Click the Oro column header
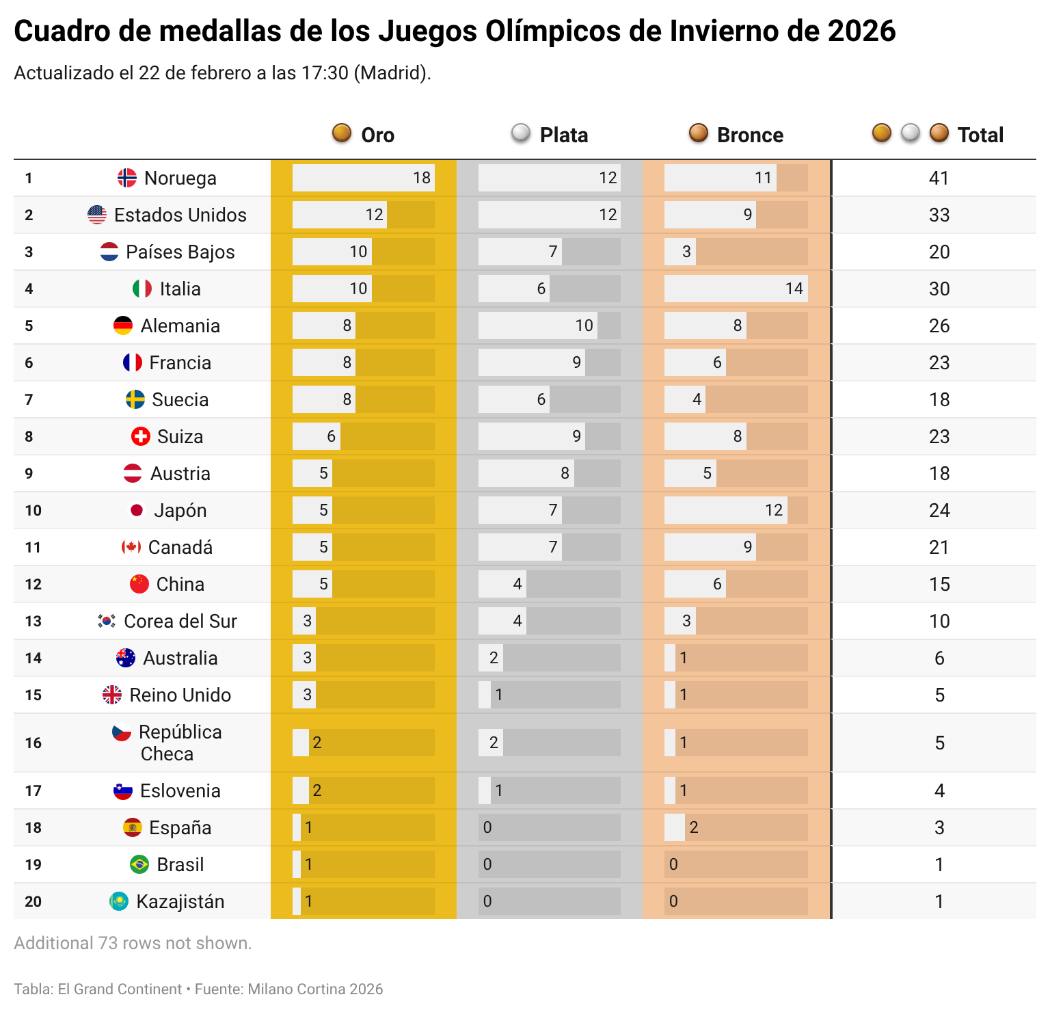click(x=377, y=135)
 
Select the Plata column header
click(x=563, y=135)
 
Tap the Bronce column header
click(x=749, y=135)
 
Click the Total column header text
click(x=980, y=135)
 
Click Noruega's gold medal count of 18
click(x=421, y=178)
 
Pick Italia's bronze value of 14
click(x=794, y=289)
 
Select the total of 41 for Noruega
click(x=939, y=178)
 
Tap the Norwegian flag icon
click(x=127, y=178)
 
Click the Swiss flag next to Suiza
click(x=140, y=436)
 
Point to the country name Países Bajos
click(x=180, y=252)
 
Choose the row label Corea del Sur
click(x=180, y=621)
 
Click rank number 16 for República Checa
click(x=33, y=743)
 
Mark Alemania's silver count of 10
click(x=584, y=325)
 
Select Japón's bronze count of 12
click(x=773, y=510)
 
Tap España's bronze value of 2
click(x=693, y=827)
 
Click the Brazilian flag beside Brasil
click(x=139, y=864)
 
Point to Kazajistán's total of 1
click(x=939, y=901)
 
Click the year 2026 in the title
click(x=861, y=31)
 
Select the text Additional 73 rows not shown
click(x=133, y=943)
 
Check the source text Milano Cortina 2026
click(x=315, y=989)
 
